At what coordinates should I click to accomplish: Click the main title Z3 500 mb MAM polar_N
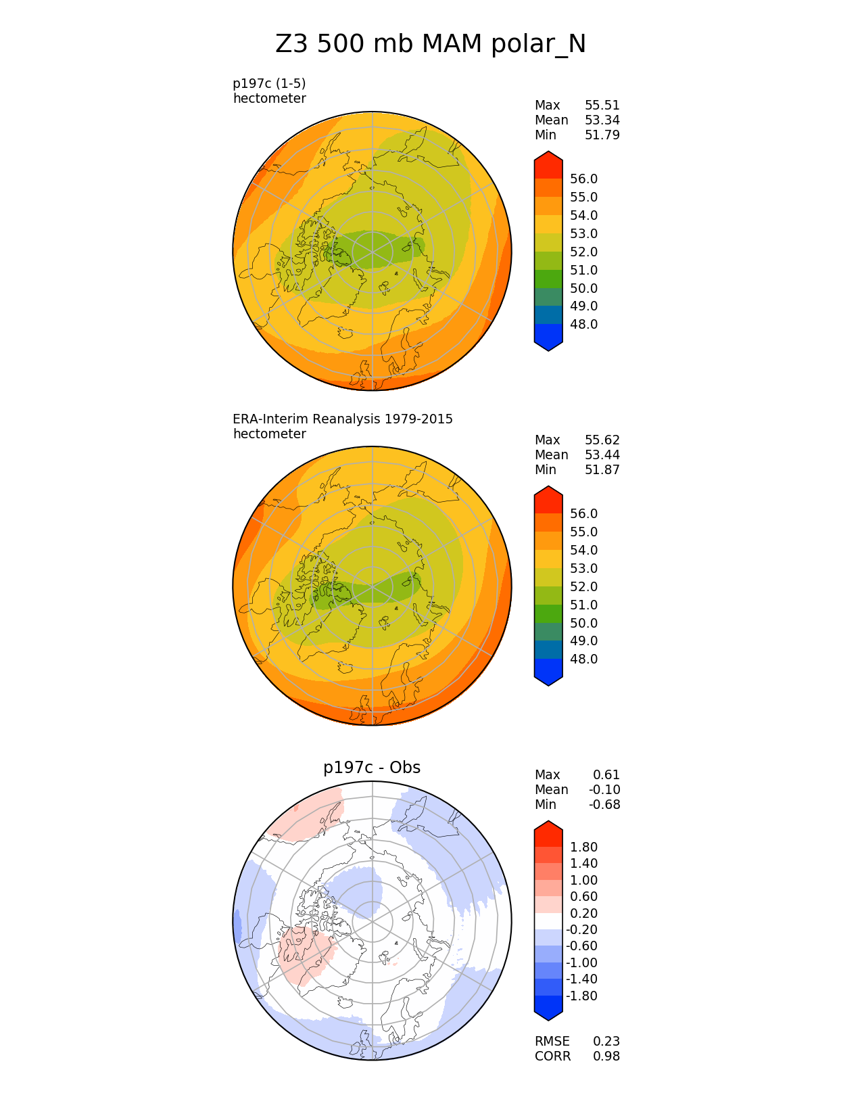[431, 45]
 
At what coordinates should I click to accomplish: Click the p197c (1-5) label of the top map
[269, 84]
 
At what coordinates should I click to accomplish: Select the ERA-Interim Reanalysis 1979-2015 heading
[343, 419]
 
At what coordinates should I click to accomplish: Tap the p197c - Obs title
[372, 768]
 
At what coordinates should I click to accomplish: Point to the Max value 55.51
[602, 106]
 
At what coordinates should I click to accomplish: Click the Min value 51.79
[602, 135]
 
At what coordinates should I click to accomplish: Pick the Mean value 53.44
[602, 455]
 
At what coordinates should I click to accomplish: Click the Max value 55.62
[602, 440]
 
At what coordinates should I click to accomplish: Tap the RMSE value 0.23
[606, 1042]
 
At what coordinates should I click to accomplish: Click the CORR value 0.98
[606, 1056]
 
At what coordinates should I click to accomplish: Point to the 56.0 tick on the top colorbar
[583, 179]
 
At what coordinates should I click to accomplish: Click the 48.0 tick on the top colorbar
[583, 325]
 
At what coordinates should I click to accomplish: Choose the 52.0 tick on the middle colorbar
[583, 587]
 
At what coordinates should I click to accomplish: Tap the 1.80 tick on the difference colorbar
[583, 847]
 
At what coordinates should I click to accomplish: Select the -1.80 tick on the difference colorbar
[581, 996]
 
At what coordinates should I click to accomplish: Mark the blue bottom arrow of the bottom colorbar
[548, 1009]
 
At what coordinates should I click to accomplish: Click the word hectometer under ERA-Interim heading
[269, 434]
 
